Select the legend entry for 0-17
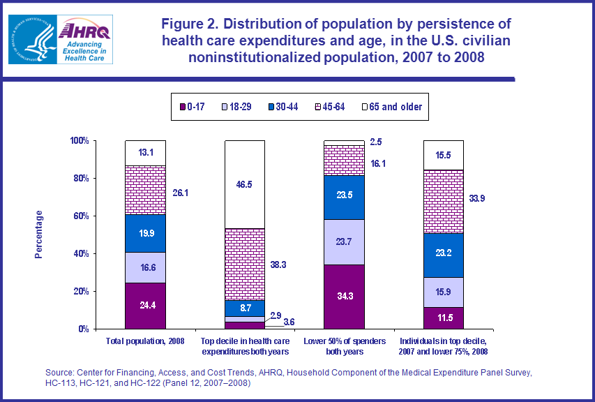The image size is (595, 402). click(x=196, y=107)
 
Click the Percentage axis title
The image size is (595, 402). click(x=39, y=234)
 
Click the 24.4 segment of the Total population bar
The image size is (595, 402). click(x=145, y=305)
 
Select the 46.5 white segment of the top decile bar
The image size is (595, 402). click(x=244, y=184)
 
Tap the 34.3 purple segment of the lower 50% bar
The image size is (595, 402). click(x=345, y=297)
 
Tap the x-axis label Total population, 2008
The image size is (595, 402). click(x=145, y=341)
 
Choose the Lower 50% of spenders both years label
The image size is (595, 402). click(x=345, y=345)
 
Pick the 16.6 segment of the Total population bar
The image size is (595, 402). click(x=145, y=267)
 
